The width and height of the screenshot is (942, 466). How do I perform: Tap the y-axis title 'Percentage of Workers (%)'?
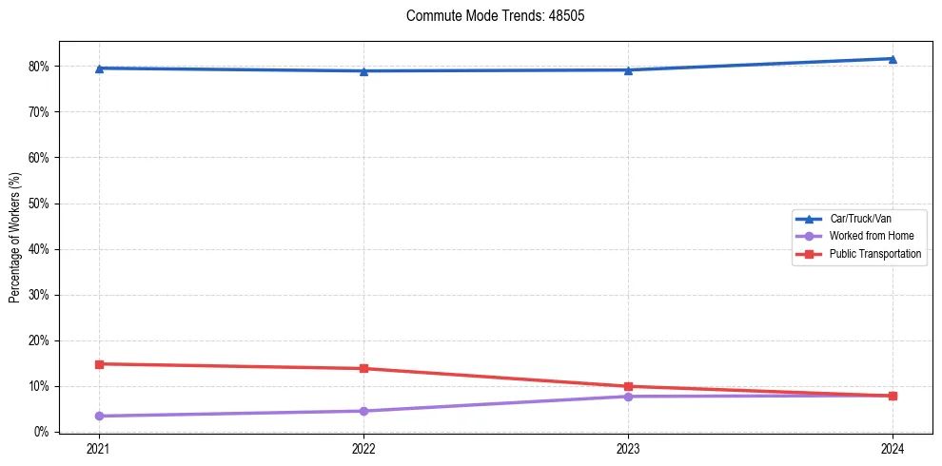click(14, 238)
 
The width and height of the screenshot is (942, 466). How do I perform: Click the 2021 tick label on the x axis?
click(99, 448)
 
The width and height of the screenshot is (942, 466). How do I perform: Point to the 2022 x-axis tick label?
click(363, 448)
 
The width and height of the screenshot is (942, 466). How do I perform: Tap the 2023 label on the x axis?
click(628, 448)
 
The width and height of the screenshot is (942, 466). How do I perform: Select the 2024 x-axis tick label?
click(893, 448)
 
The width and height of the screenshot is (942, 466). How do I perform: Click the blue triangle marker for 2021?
click(99, 68)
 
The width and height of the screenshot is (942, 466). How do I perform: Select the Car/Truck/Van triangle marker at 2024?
click(893, 59)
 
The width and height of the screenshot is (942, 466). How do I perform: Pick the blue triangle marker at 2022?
click(363, 71)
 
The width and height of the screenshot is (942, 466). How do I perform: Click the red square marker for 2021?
click(99, 364)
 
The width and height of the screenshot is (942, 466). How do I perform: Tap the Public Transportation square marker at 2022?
click(363, 369)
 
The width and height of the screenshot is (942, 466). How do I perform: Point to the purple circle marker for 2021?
click(99, 416)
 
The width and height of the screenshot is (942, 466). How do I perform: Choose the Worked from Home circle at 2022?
click(363, 411)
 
